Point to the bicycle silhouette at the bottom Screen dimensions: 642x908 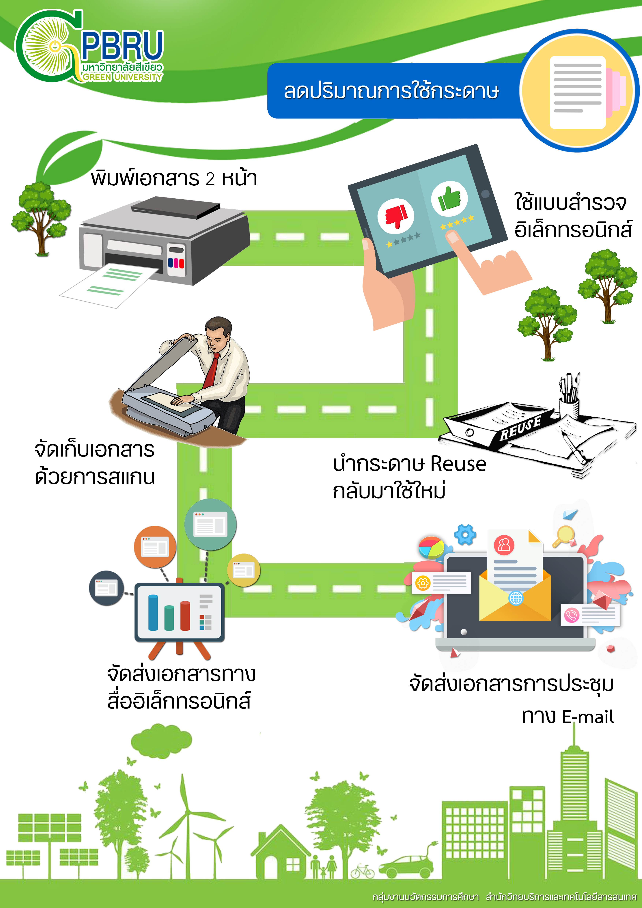[x=362, y=871]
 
